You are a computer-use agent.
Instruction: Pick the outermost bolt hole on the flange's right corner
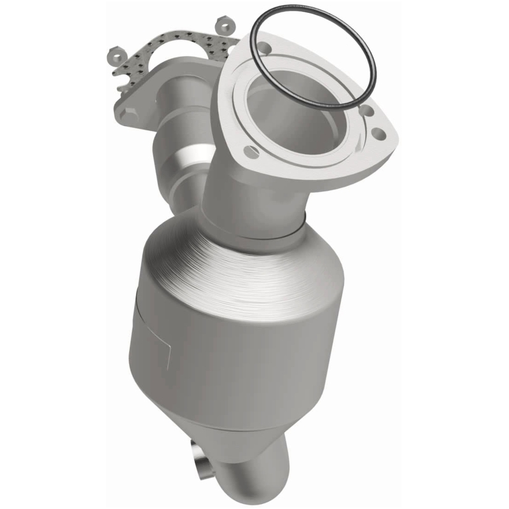tap(378, 134)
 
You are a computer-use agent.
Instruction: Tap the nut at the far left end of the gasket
tap(116, 53)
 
